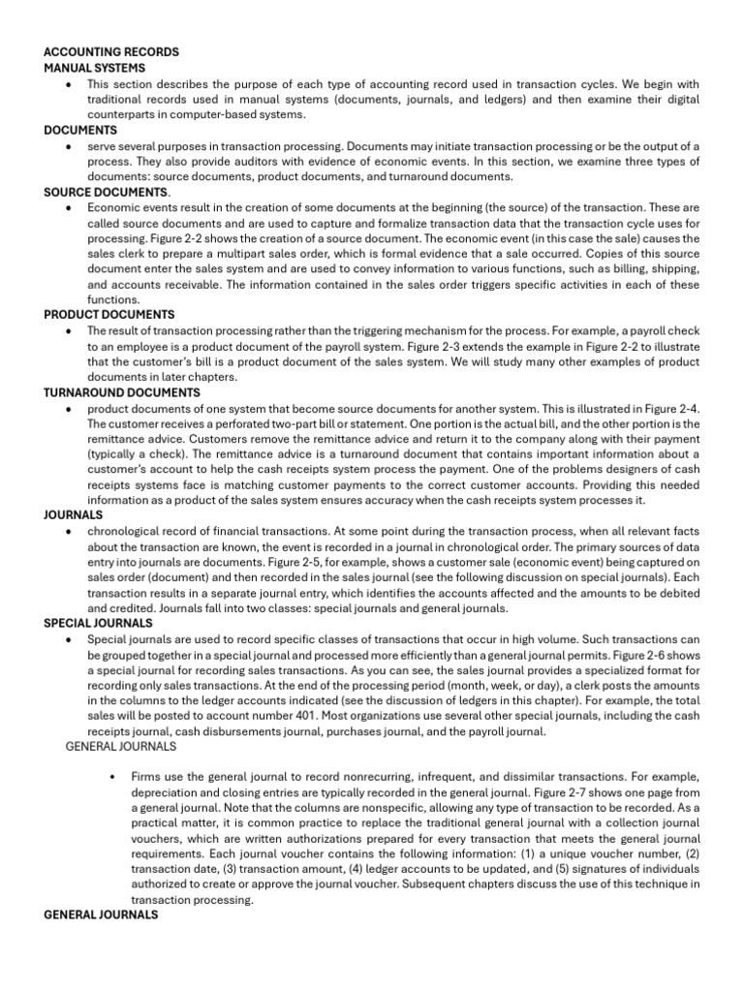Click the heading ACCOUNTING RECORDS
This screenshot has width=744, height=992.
[x=111, y=51]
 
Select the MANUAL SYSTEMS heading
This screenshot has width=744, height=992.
[x=95, y=68]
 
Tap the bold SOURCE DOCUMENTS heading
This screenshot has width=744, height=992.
[x=106, y=192]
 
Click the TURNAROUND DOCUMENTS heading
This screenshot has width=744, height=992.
[x=122, y=392]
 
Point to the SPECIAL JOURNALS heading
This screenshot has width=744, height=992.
[x=98, y=624]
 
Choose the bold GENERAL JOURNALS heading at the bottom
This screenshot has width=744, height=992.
[x=102, y=914]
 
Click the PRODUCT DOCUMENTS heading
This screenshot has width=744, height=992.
[x=109, y=315]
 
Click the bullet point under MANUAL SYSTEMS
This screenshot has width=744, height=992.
[x=66, y=83]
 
